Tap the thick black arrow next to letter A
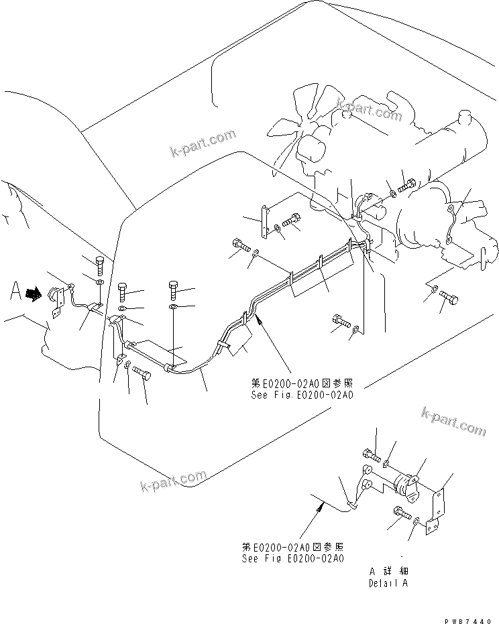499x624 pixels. pyautogui.click(x=34, y=293)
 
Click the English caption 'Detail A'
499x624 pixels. pyautogui.click(x=387, y=582)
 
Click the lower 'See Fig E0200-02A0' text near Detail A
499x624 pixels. pyautogui.click(x=292, y=558)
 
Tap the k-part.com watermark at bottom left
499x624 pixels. pyautogui.click(x=174, y=482)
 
